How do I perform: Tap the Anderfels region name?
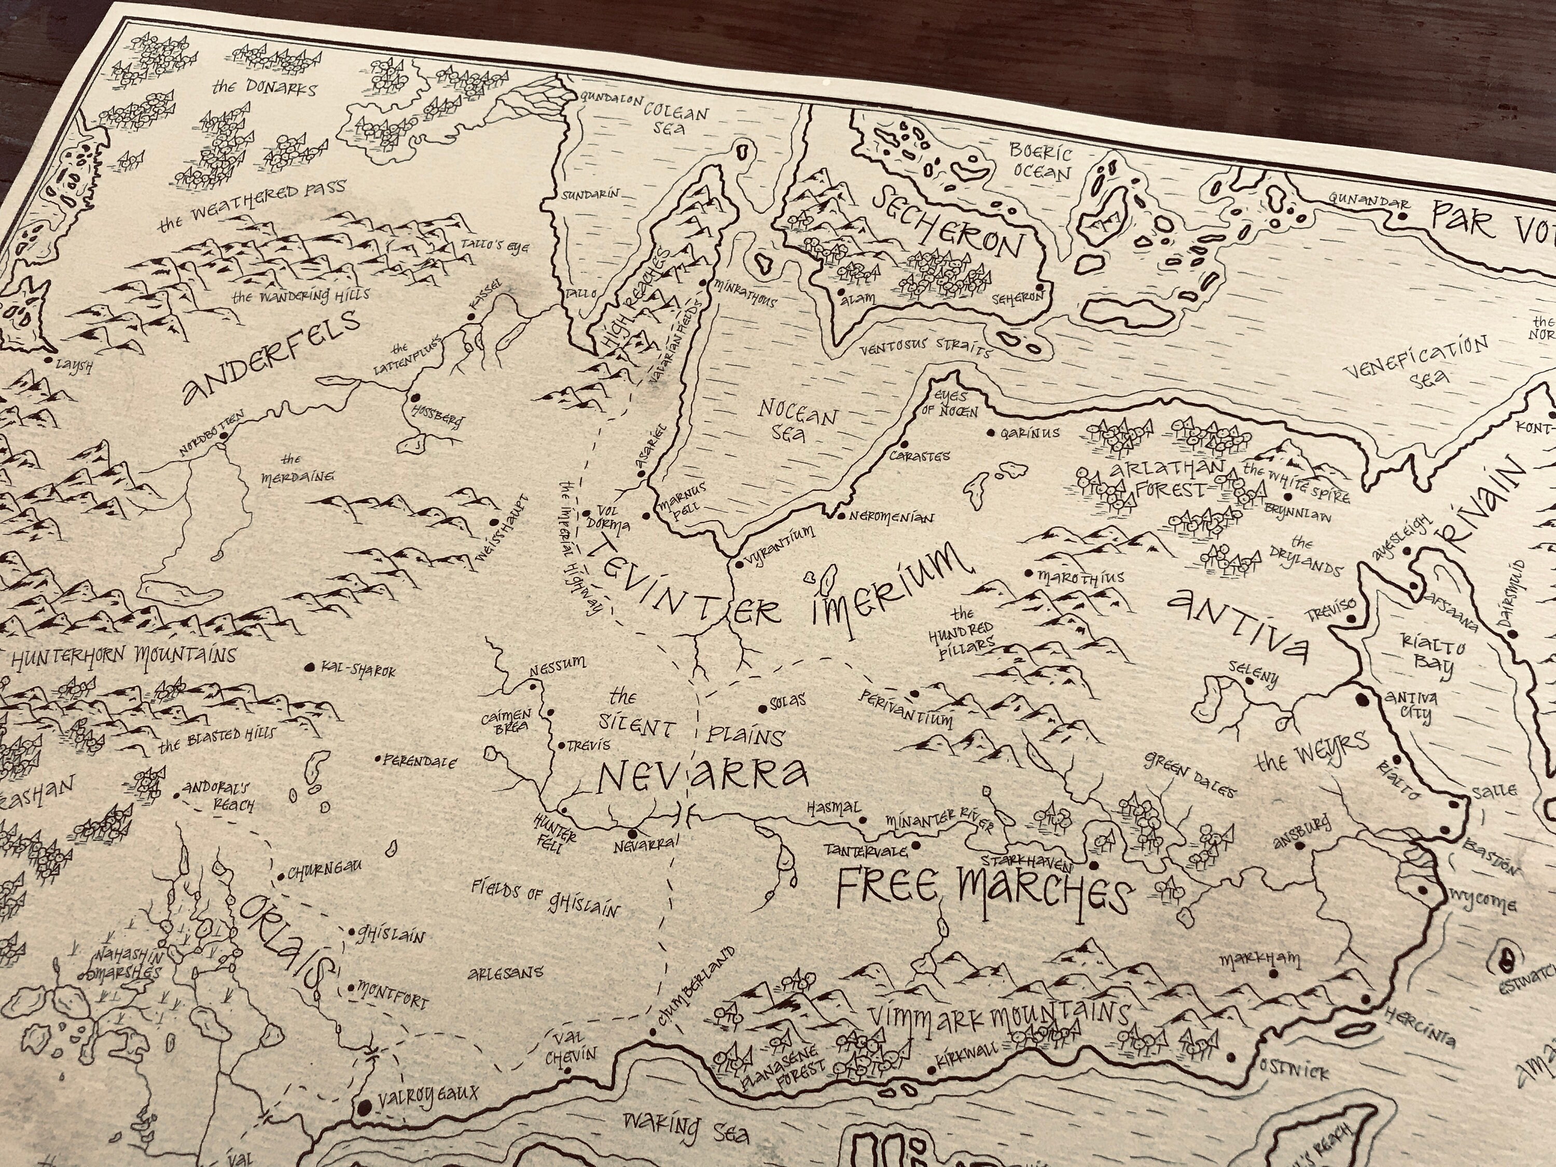pos(270,357)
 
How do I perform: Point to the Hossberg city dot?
pos(414,397)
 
